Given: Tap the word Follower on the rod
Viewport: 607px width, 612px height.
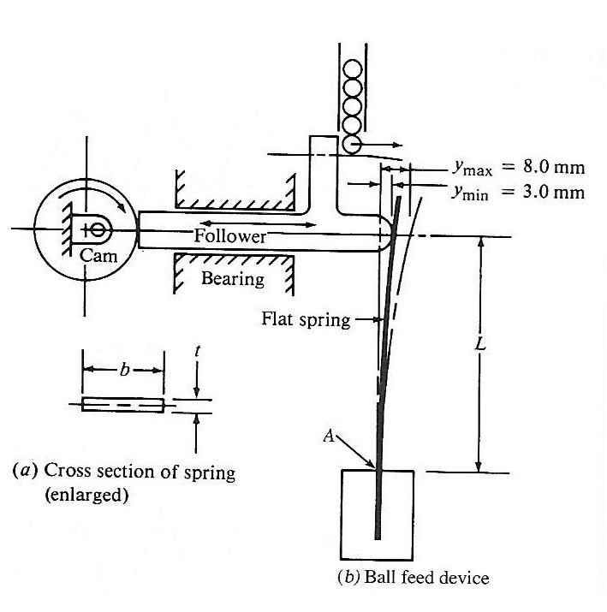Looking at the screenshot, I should coord(229,235).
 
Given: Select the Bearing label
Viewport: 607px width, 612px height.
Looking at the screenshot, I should coord(233,278).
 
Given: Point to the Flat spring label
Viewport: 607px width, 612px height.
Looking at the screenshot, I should coord(306,321).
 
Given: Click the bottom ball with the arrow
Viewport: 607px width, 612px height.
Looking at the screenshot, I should coord(352,145).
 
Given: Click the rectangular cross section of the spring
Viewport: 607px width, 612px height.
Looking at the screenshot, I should coord(122,405).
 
